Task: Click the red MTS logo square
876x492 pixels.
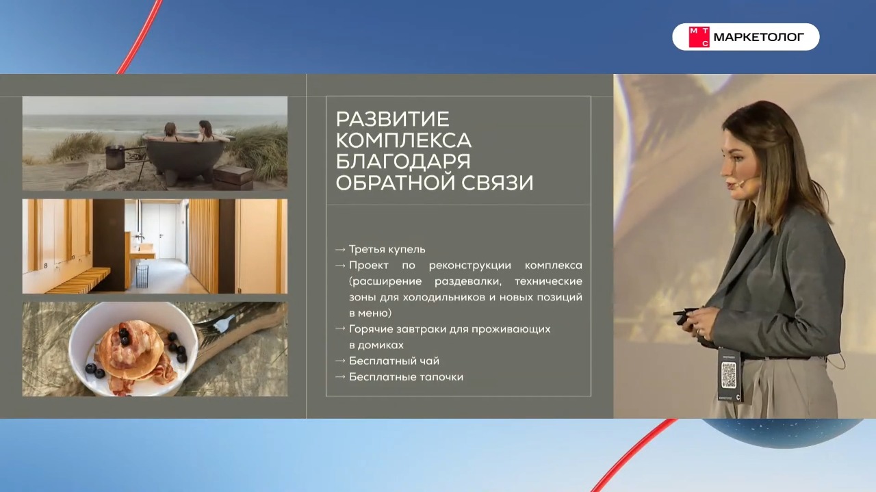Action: click(x=699, y=37)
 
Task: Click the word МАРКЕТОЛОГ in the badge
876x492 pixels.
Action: click(x=759, y=38)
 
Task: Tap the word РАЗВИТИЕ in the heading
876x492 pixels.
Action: click(x=392, y=119)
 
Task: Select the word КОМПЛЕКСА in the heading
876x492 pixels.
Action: click(x=404, y=140)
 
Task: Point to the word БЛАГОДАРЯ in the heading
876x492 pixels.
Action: click(x=404, y=161)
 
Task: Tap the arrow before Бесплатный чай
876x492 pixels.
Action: click(x=340, y=361)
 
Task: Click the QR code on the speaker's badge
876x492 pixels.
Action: click(x=730, y=374)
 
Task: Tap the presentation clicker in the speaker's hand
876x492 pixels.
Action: click(x=685, y=314)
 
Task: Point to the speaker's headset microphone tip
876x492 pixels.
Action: click(x=741, y=183)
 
